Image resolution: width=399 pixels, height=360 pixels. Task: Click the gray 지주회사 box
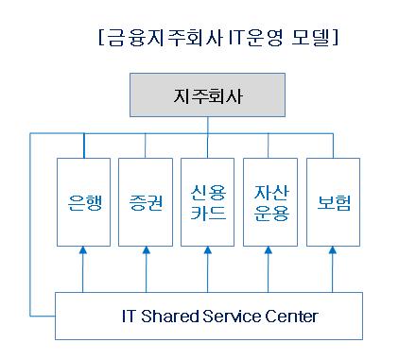pyautogui.click(x=207, y=95)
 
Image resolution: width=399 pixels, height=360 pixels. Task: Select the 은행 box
pyautogui.click(x=83, y=202)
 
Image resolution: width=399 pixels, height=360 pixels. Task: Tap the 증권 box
pyautogui.click(x=146, y=202)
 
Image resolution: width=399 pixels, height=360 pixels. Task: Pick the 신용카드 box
pyautogui.click(x=207, y=202)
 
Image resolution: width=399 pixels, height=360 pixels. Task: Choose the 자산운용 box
pyautogui.click(x=270, y=202)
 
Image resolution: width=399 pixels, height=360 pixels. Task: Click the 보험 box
pyautogui.click(x=333, y=202)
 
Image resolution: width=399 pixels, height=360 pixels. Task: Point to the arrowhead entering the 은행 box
pyautogui.click(x=83, y=250)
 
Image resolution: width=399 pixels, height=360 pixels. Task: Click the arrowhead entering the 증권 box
pyautogui.click(x=147, y=250)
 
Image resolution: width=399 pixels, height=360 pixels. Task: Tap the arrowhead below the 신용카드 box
pyautogui.click(x=208, y=250)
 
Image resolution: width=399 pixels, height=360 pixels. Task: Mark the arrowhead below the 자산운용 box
pyautogui.click(x=269, y=250)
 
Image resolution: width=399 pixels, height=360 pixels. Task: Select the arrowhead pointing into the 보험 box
pyautogui.click(x=333, y=250)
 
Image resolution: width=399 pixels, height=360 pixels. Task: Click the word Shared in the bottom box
pyautogui.click(x=169, y=316)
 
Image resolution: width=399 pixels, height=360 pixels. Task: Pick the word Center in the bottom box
pyautogui.click(x=291, y=316)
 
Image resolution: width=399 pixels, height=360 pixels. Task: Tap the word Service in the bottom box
pyautogui.click(x=232, y=316)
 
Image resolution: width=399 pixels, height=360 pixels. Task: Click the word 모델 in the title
pyautogui.click(x=310, y=38)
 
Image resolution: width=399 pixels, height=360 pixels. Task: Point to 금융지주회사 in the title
pyautogui.click(x=165, y=38)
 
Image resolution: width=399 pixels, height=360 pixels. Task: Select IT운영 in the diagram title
pyautogui.click(x=255, y=38)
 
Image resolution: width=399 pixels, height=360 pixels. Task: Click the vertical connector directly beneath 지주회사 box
pyautogui.click(x=208, y=125)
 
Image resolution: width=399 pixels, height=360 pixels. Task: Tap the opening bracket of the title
pyautogui.click(x=101, y=38)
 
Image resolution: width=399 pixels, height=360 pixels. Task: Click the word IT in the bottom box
pyautogui.click(x=129, y=316)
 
